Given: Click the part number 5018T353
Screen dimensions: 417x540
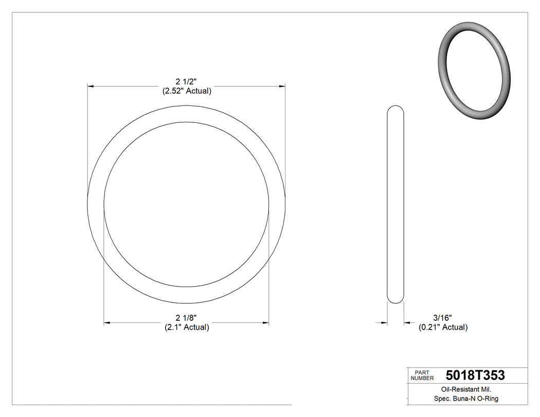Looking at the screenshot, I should [475, 375].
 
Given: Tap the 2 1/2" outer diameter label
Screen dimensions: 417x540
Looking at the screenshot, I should [187, 81].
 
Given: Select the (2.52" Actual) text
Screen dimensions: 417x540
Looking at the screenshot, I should [187, 91].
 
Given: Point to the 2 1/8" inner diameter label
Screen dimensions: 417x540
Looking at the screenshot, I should [187, 318].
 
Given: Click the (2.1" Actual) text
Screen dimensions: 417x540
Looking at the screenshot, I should [187, 327].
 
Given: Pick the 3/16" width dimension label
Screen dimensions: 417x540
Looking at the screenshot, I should [442, 318].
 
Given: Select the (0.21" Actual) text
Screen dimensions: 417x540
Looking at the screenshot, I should [443, 327].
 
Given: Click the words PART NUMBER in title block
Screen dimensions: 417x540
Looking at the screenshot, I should [422, 375].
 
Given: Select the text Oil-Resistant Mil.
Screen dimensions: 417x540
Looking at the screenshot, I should [466, 389].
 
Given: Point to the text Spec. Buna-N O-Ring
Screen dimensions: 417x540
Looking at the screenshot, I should [466, 398].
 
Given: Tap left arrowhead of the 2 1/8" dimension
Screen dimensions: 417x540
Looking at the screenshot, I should [107, 323].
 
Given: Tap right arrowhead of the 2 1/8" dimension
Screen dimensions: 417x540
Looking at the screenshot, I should [265, 323].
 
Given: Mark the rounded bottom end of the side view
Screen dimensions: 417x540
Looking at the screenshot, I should [395, 300].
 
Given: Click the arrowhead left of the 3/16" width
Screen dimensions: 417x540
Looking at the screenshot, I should [384, 323].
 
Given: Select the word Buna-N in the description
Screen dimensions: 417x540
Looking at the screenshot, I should [465, 398].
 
